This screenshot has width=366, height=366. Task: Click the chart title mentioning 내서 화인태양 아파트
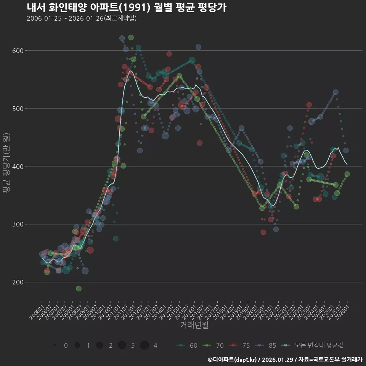(127, 8)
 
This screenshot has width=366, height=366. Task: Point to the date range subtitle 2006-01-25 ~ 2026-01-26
(82, 18)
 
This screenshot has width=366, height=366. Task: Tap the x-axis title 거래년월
(194, 325)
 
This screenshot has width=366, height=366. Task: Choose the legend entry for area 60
(187, 345)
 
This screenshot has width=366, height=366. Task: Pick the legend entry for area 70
(213, 345)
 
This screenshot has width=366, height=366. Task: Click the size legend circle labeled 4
(144, 345)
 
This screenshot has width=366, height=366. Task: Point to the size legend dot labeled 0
(55, 345)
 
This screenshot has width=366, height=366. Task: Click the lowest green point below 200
(79, 289)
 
